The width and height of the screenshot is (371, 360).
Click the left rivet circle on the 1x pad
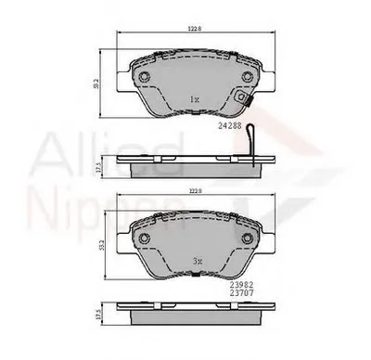coord(145,78)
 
